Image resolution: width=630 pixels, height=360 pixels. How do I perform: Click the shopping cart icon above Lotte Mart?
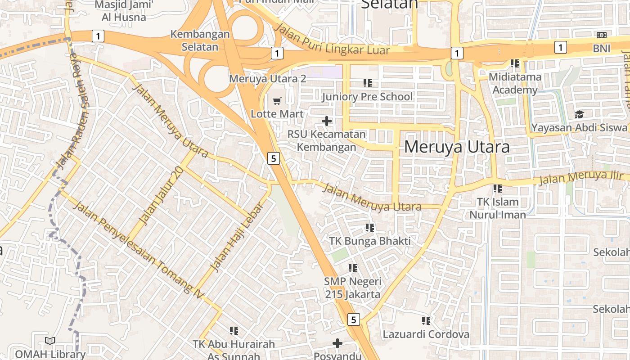click(277, 101)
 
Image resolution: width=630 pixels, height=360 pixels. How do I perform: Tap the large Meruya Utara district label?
click(457, 147)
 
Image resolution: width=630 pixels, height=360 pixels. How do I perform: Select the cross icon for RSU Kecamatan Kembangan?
click(327, 121)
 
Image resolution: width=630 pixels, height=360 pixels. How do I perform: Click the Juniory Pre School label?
click(367, 97)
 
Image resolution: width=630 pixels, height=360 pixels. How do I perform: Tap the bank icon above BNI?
click(601, 35)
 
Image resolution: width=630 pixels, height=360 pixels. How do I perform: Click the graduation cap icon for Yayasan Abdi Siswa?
click(579, 115)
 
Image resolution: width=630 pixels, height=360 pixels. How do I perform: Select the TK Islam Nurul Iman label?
click(498, 208)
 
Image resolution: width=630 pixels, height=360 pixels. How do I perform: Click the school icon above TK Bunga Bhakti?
click(370, 228)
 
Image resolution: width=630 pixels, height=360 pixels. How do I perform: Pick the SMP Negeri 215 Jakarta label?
click(353, 288)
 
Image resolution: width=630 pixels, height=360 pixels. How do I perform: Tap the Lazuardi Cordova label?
click(426, 334)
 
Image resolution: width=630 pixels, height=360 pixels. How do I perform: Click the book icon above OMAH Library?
click(50, 341)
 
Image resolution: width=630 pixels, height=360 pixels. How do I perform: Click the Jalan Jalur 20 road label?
click(162, 195)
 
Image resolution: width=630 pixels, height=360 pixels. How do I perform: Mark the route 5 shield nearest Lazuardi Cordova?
click(354, 319)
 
